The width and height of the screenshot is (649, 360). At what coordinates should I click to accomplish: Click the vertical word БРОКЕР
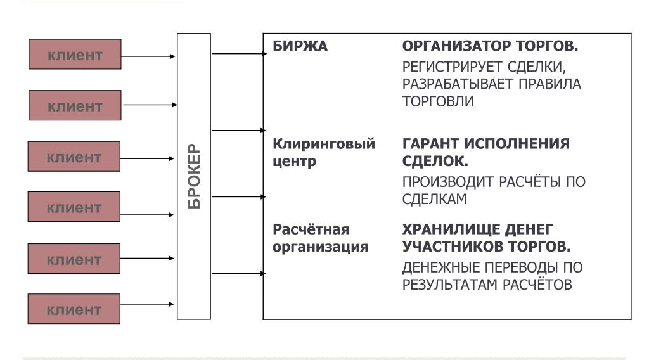[x=193, y=176]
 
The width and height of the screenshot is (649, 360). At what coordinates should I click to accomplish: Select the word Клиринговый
[x=324, y=145]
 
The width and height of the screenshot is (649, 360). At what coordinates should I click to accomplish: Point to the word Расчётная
[x=311, y=229]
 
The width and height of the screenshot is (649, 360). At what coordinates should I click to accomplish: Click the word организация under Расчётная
[x=320, y=247]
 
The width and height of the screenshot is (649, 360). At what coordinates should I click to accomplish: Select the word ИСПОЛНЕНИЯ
[x=517, y=144]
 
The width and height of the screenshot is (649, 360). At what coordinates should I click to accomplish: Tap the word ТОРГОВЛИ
[x=438, y=101]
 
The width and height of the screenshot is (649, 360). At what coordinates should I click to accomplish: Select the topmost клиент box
[x=74, y=55]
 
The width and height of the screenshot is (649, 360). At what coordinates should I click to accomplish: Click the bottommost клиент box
[x=74, y=311]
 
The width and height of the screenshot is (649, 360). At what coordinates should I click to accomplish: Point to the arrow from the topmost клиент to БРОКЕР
[x=148, y=56]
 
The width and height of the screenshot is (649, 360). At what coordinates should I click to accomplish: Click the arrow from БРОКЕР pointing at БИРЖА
[x=239, y=54]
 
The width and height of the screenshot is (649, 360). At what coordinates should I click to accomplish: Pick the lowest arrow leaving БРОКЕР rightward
[x=239, y=273]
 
